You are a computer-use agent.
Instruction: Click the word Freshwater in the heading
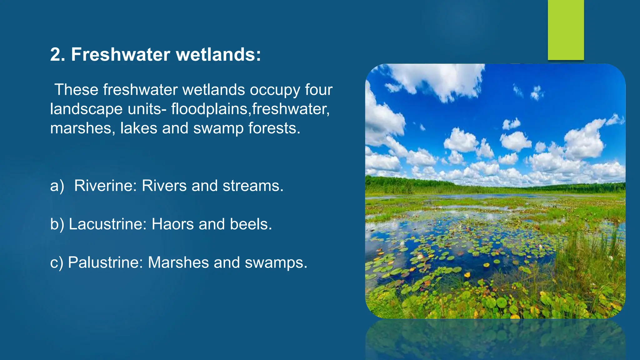tap(120, 54)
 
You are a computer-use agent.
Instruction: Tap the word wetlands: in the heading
tap(218, 54)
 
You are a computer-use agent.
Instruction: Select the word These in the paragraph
tap(76, 90)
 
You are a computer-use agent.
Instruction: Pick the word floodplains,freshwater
tap(250, 109)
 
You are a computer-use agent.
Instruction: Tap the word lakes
tap(138, 128)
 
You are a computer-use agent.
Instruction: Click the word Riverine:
tap(105, 186)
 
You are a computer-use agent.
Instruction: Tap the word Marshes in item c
tap(178, 262)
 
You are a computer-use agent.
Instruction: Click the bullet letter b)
tap(57, 224)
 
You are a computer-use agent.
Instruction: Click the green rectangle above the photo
tap(566, 30)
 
